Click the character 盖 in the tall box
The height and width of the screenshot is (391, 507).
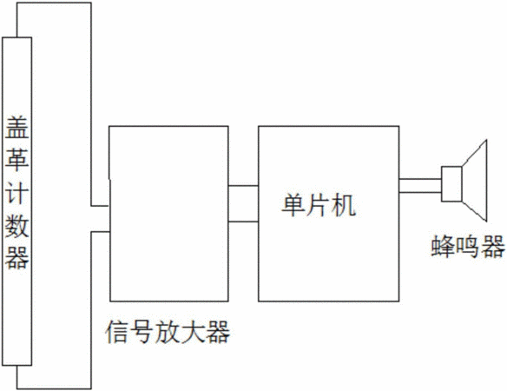[16, 127]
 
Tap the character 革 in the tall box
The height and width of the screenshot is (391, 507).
[16, 160]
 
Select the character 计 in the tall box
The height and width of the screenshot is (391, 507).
[16, 192]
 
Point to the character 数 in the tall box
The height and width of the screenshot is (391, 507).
[16, 225]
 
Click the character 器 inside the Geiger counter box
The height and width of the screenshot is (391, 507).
[16, 258]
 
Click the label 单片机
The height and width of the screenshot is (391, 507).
[319, 205]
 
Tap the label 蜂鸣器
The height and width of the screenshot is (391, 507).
[468, 247]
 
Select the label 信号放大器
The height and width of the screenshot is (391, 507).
[168, 332]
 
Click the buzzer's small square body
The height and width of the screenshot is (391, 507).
[451, 184]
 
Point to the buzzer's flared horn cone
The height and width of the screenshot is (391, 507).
[475, 181]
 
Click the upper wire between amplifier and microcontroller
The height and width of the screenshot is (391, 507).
[243, 186]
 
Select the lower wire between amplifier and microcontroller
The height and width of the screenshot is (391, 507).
[243, 222]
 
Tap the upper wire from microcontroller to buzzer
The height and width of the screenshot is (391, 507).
[420, 179]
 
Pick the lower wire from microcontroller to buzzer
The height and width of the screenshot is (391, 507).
[420, 192]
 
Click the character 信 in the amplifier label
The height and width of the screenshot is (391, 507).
[117, 332]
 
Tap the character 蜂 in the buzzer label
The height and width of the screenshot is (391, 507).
[443, 247]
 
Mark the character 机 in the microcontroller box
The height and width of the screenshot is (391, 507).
[345, 205]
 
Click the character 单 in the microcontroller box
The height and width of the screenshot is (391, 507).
[293, 205]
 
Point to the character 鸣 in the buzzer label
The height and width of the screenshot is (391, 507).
[468, 247]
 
